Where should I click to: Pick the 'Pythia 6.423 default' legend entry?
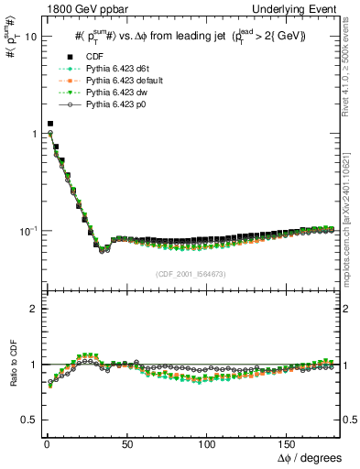[x=115, y=82]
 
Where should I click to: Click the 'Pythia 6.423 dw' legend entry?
[x=107, y=93]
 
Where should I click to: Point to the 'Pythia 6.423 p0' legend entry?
[x=106, y=105]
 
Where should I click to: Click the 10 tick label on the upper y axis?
[x=27, y=38]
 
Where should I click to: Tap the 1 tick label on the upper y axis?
[x=30, y=134]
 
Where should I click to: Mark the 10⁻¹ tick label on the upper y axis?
[x=25, y=230]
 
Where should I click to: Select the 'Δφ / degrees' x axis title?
[x=309, y=457]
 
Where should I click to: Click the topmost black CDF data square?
[x=50, y=123]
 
